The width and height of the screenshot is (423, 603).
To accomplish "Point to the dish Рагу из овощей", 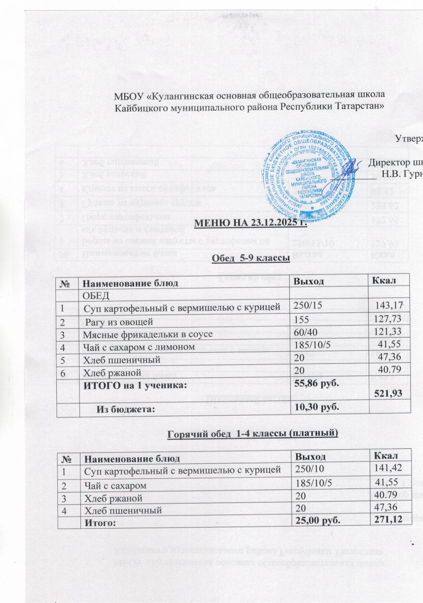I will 118,321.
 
